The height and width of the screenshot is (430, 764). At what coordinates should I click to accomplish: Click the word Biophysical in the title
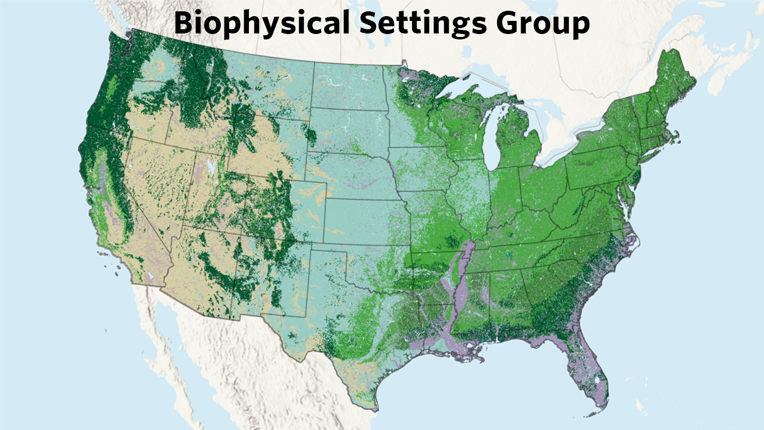(261, 23)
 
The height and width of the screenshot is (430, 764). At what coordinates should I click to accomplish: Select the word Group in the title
(543, 23)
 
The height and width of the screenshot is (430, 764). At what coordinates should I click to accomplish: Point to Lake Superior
(472, 90)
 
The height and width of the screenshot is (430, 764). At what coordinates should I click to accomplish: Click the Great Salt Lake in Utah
(211, 166)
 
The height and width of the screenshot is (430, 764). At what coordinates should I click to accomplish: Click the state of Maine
(674, 84)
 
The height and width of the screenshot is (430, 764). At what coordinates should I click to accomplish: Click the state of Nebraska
(352, 173)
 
